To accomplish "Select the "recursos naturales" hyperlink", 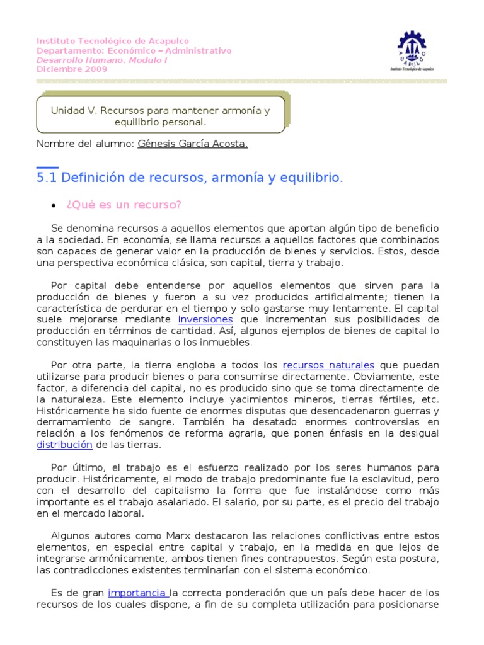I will tap(328, 365).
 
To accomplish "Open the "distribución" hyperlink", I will tap(64, 445).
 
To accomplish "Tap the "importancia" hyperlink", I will tap(138, 593).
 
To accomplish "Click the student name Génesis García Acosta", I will tap(192, 144).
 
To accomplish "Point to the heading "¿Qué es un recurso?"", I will tap(124, 205).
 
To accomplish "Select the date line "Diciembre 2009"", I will tap(72, 69).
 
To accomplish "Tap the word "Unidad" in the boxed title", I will tap(67, 111).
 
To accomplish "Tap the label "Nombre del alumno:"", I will tap(85, 144).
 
